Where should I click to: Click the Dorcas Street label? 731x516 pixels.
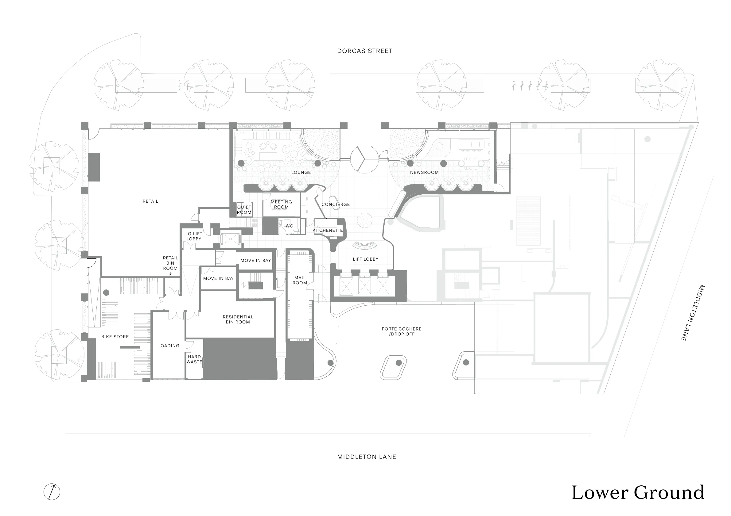click(364, 51)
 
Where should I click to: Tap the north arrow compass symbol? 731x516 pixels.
click(52, 492)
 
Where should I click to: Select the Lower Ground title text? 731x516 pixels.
click(638, 492)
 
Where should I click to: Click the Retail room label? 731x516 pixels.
click(150, 201)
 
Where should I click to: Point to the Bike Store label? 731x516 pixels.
click(115, 337)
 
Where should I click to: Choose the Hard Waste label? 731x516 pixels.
click(194, 359)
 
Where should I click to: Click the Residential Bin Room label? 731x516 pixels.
click(238, 319)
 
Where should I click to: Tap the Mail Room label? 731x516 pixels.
click(300, 280)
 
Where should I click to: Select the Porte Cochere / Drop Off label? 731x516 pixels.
click(402, 331)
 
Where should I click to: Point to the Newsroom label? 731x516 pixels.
click(424, 172)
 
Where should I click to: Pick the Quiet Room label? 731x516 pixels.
click(244, 210)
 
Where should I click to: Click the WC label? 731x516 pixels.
click(289, 226)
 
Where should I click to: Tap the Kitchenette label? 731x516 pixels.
click(328, 230)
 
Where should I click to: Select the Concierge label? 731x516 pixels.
click(336, 204)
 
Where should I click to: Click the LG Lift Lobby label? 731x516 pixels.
click(194, 236)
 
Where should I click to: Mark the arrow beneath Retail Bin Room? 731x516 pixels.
click(170, 273)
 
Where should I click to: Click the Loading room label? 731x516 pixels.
click(169, 346)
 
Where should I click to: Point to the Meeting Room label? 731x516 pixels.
click(281, 204)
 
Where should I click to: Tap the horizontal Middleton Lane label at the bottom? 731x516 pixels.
click(367, 457)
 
